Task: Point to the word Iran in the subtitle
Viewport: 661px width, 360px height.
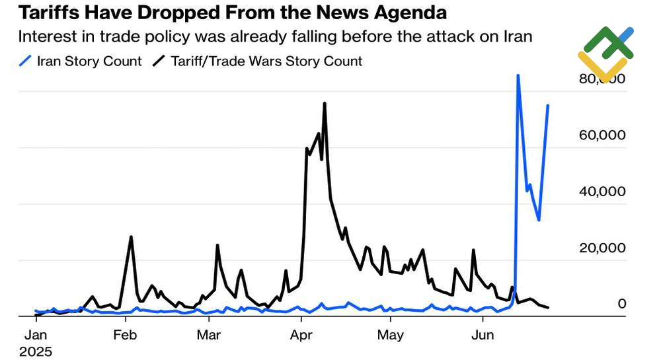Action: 516,37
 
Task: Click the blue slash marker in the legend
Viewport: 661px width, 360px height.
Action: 26,61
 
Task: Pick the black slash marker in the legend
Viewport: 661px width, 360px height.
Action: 159,61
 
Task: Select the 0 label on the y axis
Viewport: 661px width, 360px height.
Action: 621,304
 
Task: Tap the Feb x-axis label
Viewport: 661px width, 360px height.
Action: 124,335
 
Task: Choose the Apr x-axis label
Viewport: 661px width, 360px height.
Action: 301,335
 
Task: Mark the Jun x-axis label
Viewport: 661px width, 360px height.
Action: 482,335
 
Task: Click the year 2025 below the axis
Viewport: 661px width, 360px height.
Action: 36,351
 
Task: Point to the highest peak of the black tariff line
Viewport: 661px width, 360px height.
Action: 325,104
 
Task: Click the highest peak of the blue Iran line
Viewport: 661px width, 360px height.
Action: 518,75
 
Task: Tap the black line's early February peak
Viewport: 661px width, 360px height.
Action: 131,237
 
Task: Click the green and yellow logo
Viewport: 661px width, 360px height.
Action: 605,53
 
